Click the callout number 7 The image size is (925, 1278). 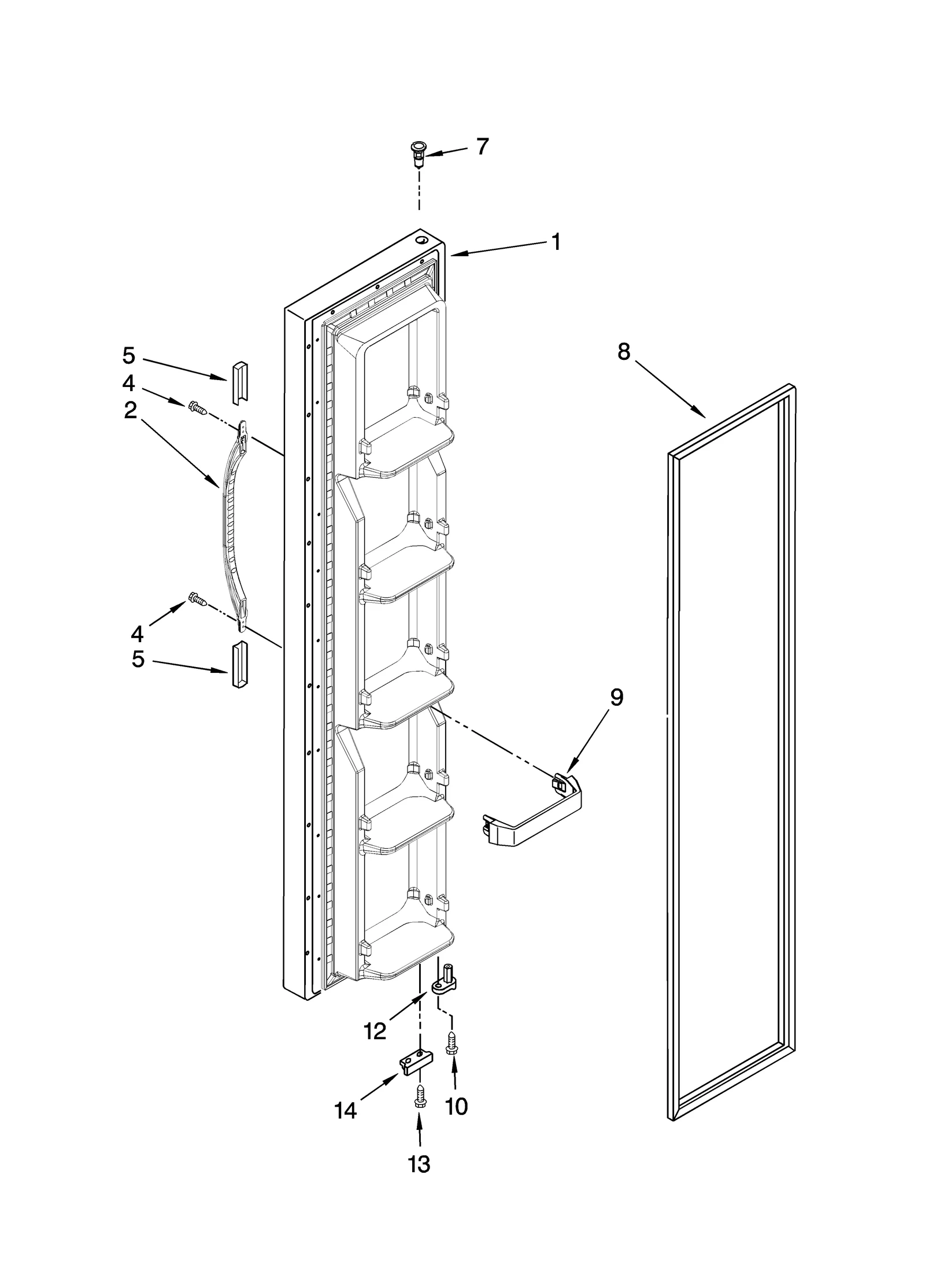(482, 147)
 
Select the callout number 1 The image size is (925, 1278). (555, 242)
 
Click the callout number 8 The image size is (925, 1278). (623, 351)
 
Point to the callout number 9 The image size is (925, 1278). (616, 698)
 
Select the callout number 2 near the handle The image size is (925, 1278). (130, 410)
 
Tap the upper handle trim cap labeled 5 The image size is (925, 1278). (239, 383)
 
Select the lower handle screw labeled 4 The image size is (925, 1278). (198, 599)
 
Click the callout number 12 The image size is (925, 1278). (375, 1031)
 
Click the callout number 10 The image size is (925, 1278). (456, 1107)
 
